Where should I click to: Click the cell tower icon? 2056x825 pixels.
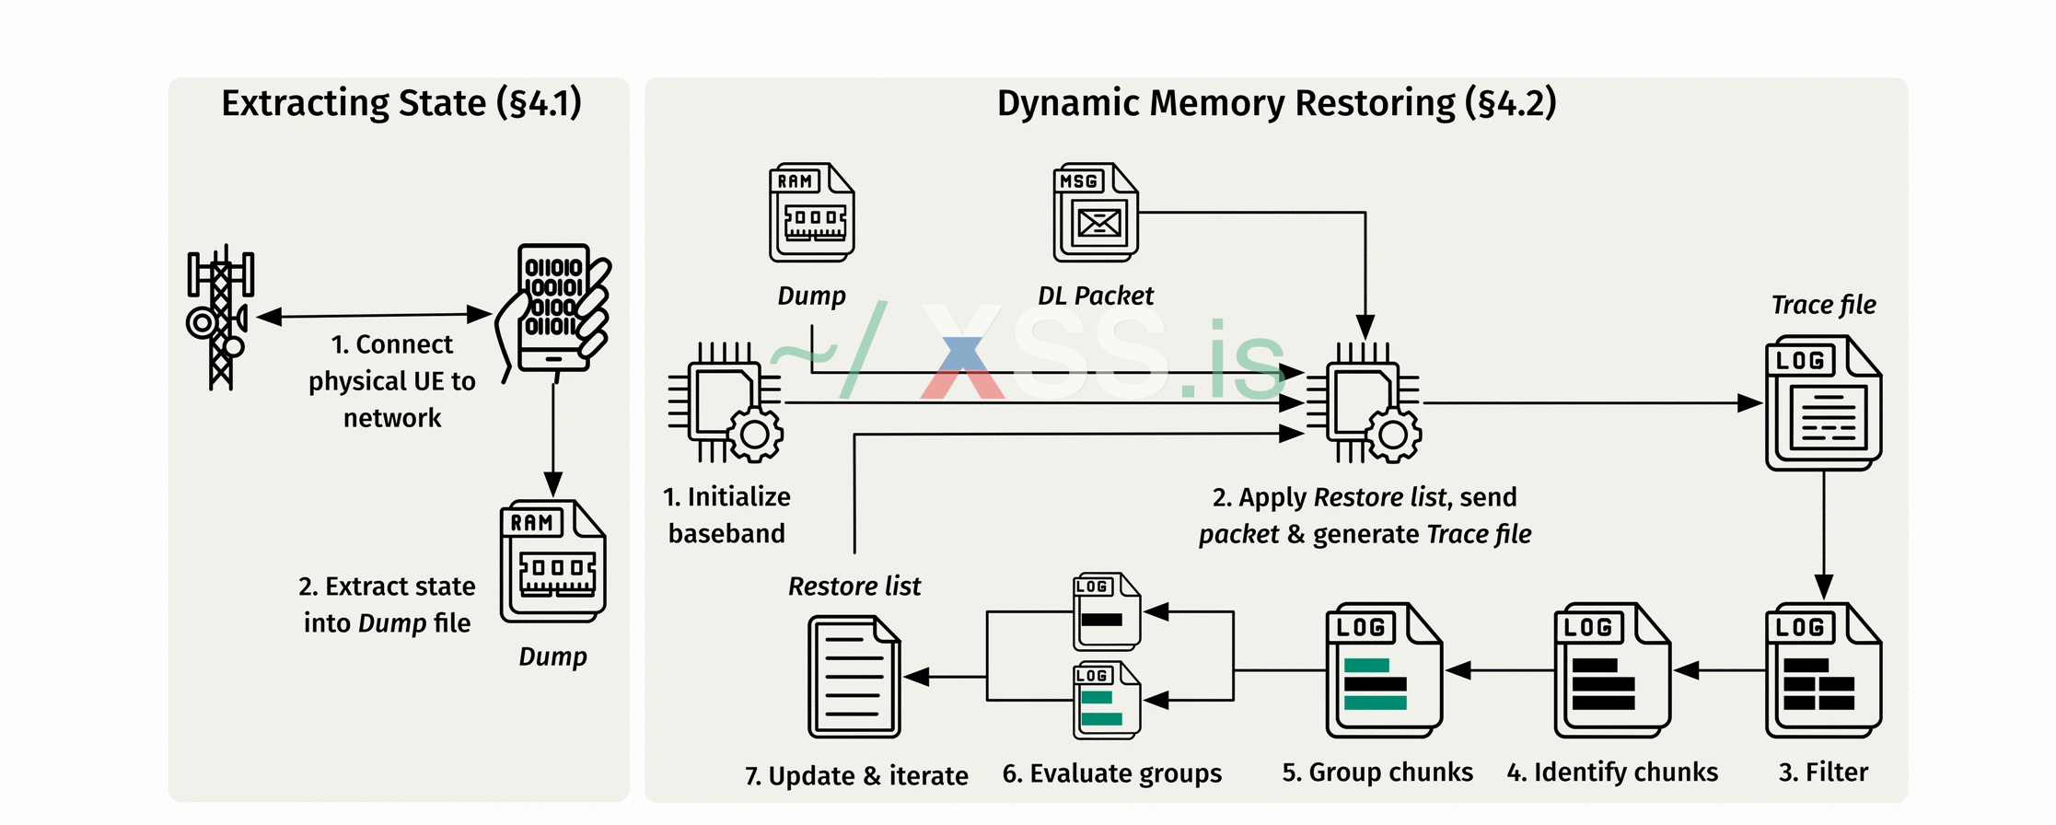(x=220, y=318)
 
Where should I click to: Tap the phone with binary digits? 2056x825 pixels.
(x=555, y=309)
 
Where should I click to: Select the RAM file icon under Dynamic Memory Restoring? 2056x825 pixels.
(x=811, y=213)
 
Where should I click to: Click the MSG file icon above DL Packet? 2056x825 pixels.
(x=1096, y=213)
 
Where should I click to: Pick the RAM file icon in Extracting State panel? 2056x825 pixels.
(x=552, y=562)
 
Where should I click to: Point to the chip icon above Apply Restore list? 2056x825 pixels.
(x=1365, y=402)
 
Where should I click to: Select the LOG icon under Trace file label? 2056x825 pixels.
(x=1823, y=403)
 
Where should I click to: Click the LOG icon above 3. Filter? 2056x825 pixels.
(x=1823, y=670)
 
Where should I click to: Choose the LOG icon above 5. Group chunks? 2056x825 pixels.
(x=1384, y=670)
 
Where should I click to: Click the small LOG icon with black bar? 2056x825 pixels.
(x=1107, y=611)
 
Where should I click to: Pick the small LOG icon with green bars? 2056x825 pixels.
(x=1107, y=700)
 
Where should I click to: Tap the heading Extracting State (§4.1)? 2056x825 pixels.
(x=401, y=103)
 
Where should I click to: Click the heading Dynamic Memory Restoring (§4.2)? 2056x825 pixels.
(x=1276, y=103)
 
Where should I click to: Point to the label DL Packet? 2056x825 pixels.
(x=1096, y=296)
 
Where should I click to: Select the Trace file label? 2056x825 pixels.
(x=1823, y=305)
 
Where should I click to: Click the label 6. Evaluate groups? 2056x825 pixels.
(x=1111, y=773)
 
